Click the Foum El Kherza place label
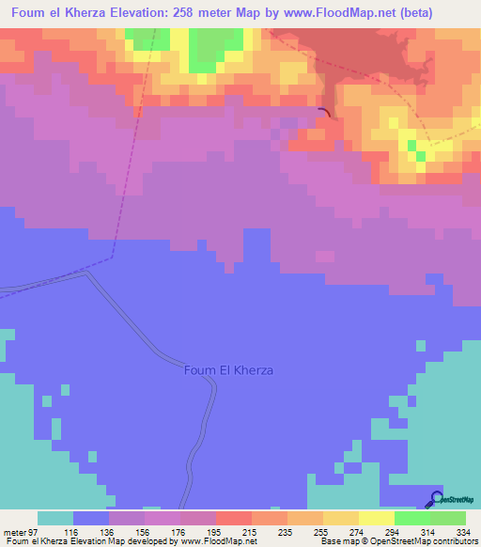pyautogui.click(x=228, y=370)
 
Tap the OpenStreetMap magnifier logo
pyautogui.click(x=437, y=499)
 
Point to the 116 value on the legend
pyautogui.click(x=73, y=533)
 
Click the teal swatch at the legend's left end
pyautogui.click(x=55, y=518)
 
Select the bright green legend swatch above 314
pyautogui.click(x=412, y=518)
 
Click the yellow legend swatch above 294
pyautogui.click(x=377, y=518)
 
